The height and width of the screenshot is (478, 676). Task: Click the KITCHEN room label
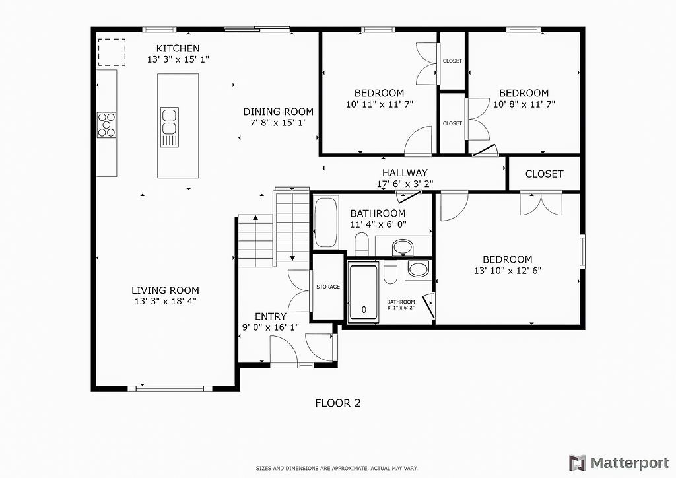[x=178, y=48]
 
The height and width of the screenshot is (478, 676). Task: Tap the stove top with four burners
[x=106, y=125]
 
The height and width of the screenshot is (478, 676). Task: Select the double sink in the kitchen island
[x=170, y=127]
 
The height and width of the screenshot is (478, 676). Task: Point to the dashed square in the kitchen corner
[x=112, y=52]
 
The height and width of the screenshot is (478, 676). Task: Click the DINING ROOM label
[x=278, y=112]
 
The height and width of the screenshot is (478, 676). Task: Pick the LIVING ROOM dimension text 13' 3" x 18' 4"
[x=166, y=301]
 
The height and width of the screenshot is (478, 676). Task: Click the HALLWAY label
[x=405, y=173]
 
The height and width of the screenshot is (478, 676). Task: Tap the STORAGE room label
[x=328, y=287]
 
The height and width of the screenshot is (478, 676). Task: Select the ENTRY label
[x=270, y=316]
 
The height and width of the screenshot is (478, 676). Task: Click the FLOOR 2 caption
[x=338, y=403]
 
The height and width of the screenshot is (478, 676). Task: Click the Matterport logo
[x=619, y=463]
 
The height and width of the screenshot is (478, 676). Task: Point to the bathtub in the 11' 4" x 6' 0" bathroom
[x=326, y=222]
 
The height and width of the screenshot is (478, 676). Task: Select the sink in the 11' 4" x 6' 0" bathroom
[x=403, y=248]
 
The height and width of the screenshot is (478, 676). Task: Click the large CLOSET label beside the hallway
[x=544, y=174]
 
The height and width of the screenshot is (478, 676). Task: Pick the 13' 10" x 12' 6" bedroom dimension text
[x=508, y=271]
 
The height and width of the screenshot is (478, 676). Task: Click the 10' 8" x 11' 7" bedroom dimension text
[x=524, y=104]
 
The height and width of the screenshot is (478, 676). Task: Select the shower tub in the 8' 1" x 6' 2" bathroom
[x=363, y=292]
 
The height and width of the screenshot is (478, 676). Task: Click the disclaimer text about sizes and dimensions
[x=337, y=468]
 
